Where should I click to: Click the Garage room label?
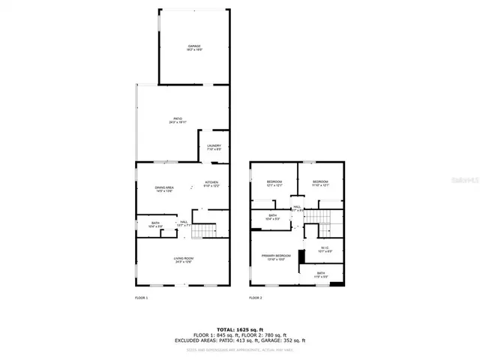pos(194,48)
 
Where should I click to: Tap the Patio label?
pos(178,120)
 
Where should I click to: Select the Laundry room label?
pos(213,148)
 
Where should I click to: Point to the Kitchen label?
pos(212,184)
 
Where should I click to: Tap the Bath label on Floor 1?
pos(155,224)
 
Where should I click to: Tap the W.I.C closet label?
pos(325,250)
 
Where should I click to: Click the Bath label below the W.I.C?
pos(320,274)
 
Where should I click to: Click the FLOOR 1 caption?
pos(142,298)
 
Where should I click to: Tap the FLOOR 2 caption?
pos(256,298)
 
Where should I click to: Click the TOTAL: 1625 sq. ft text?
pos(240,329)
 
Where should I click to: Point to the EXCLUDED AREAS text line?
pos(240,340)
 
